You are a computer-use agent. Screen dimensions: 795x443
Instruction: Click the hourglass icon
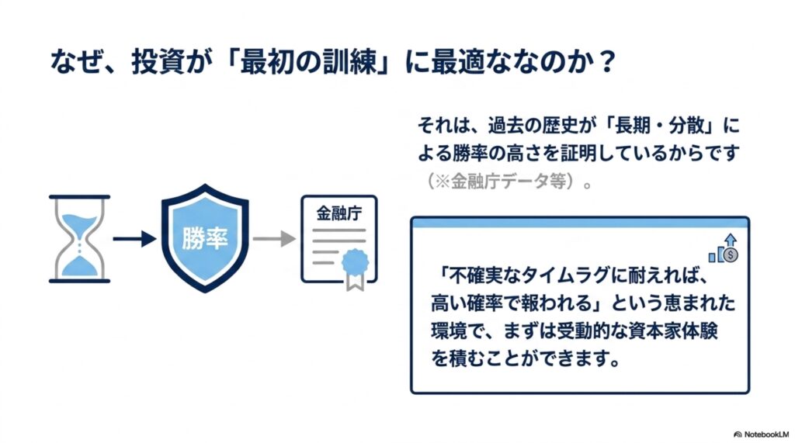click(x=80, y=239)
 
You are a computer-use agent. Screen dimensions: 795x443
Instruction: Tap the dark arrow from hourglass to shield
click(x=134, y=238)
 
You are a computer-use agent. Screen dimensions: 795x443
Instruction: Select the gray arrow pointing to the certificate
click(x=274, y=238)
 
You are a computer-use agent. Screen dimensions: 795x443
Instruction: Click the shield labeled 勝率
click(x=205, y=237)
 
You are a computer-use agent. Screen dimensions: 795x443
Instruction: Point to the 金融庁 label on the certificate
click(x=339, y=213)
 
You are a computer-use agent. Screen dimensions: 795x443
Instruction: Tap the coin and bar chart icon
click(x=724, y=248)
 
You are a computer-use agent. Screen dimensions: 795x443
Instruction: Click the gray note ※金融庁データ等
click(x=502, y=181)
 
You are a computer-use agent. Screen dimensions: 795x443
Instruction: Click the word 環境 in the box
click(x=449, y=331)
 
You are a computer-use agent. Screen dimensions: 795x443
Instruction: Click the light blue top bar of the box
click(x=580, y=223)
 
